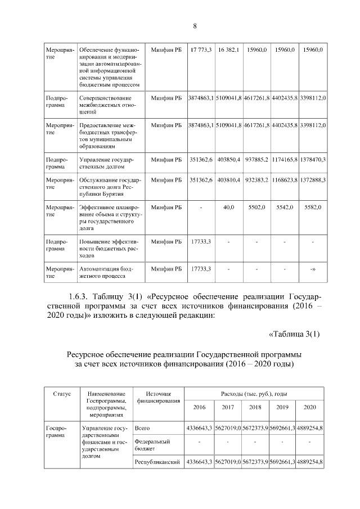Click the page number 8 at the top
click(195, 26)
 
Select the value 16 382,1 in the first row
click(229, 50)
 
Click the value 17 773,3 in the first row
click(200, 50)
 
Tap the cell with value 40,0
click(229, 208)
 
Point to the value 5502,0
click(256, 208)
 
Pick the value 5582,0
click(313, 208)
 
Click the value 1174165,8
click(285, 160)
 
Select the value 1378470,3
click(313, 160)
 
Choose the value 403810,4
click(229, 180)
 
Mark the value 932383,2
click(256, 180)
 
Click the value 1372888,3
click(313, 180)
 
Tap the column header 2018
click(255, 407)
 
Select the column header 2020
click(310, 407)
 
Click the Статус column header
click(62, 394)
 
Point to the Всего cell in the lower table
click(142, 428)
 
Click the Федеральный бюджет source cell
click(151, 445)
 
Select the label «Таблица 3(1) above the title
click(294, 335)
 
